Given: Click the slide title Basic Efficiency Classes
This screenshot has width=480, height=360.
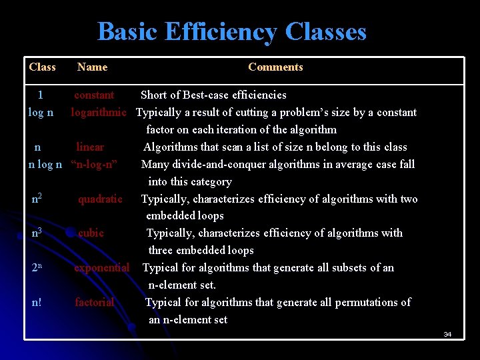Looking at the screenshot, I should pos(232,31).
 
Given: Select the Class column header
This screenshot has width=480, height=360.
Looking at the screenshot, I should pos(42,67).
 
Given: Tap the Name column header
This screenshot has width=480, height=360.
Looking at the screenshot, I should pos(92,67).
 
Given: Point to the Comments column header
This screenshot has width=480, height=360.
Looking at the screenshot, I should pos(275,67).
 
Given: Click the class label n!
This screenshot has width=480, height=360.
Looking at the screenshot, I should pos(37,302).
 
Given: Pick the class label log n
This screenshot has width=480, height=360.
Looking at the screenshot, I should pos(41,112).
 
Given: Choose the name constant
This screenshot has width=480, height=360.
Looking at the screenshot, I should pos(94,95).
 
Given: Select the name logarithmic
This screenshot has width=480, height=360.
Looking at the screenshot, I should pos(99,112).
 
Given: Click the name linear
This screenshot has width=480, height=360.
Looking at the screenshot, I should pos(90,147).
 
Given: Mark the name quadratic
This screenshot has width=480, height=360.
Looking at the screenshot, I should pos(100,199).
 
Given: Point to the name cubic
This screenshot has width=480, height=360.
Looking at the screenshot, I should pos(91,233).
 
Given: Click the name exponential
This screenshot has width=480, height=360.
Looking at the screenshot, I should pos(101,267).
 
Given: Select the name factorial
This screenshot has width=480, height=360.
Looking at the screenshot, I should pos(94,302).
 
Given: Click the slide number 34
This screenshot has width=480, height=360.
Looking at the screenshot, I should pos(447,334).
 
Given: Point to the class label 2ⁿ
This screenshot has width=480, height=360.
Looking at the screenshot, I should pos(37,267).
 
